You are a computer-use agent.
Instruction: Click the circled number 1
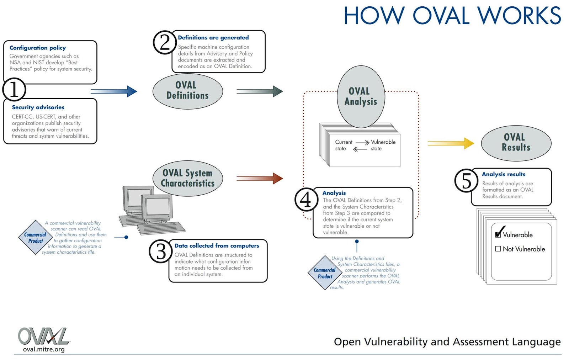pos(14,89)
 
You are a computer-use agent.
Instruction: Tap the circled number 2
pos(165,42)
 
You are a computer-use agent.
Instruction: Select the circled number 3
pos(161,251)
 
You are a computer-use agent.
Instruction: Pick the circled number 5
pos(466,180)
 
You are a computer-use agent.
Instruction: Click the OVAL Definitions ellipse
pos(188,91)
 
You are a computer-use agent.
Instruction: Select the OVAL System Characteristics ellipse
pos(188,178)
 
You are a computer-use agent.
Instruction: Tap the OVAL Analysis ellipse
pos(361,96)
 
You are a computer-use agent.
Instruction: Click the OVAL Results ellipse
pos(516,143)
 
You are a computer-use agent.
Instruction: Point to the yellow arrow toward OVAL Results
pos(451,143)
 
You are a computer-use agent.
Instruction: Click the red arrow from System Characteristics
pos(259,178)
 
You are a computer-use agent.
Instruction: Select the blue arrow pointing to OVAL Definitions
pos(114,91)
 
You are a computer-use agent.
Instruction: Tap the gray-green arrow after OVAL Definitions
pos(259,91)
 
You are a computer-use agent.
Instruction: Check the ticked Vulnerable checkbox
pos(498,234)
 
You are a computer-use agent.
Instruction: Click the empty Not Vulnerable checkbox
pos(498,249)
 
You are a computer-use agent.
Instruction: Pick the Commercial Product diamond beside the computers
pos(35,237)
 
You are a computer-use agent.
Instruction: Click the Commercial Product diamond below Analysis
pos(325,273)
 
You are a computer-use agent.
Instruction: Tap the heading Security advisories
pos(38,107)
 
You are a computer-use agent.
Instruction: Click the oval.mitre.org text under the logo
pos(44,349)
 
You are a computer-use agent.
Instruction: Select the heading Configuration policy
pos(38,48)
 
